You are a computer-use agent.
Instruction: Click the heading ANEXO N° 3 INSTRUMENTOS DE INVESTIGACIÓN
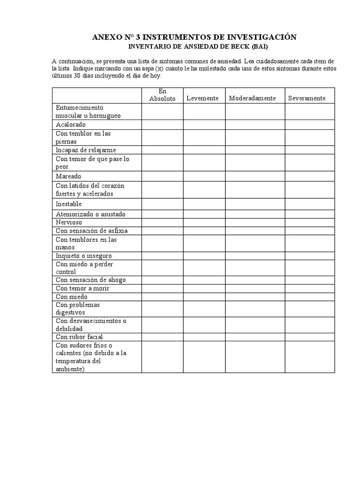pos(195,37)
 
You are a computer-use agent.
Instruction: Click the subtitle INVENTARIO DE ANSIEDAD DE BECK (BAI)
pos(195,47)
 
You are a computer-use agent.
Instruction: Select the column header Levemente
pos(202,98)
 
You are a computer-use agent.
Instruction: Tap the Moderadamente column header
pos(252,98)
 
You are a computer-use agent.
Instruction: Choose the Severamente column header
pos(307,98)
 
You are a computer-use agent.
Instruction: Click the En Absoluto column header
pos(162,95)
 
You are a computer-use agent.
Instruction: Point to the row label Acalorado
pos(71,125)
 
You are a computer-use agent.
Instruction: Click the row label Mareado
pos(68,176)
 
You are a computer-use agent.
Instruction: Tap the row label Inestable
pos(69,204)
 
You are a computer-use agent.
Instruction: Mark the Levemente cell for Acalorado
pos(204,125)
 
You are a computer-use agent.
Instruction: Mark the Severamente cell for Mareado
pos(310,176)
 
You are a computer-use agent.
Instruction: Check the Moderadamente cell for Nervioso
pos(255,222)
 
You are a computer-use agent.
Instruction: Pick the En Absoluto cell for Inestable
pos(162,204)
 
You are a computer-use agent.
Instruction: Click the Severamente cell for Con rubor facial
pos(310,337)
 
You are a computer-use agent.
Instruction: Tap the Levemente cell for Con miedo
pos(204,297)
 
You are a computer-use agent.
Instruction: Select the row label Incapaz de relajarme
pos(86,150)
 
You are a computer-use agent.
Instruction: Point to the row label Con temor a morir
pos(82,288)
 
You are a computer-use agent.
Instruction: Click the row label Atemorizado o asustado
pos(90,214)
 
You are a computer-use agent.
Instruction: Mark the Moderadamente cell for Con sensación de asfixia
pos(255,231)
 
